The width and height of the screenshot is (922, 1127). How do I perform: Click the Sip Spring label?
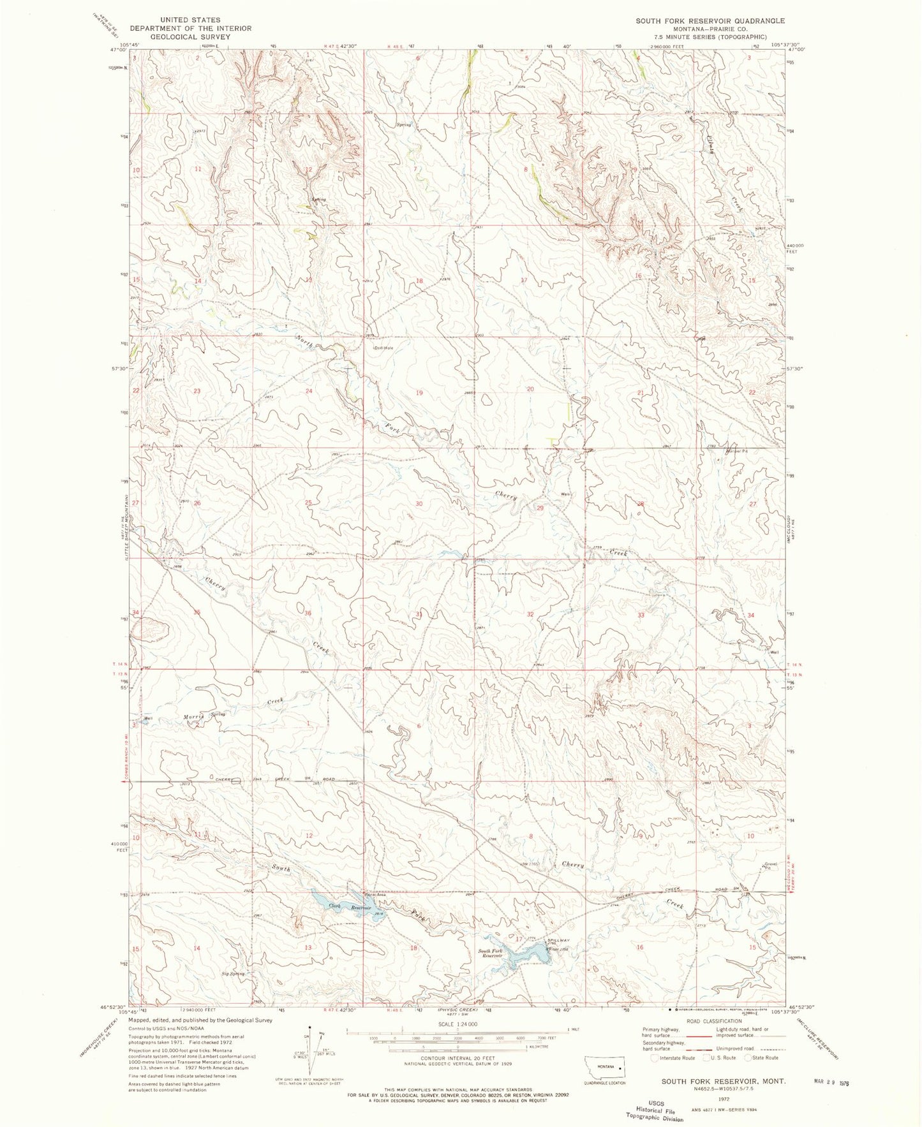click(233, 974)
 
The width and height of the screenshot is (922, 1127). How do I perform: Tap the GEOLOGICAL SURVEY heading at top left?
click(190, 37)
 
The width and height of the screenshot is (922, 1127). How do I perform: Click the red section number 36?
click(308, 613)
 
